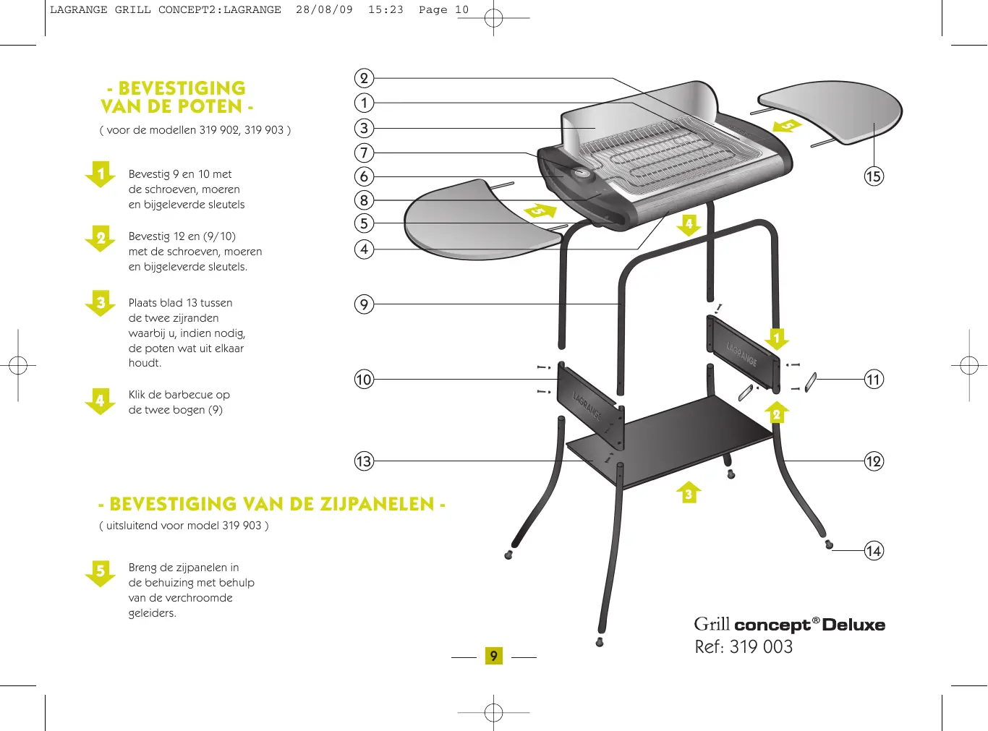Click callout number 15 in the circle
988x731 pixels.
pos(874,176)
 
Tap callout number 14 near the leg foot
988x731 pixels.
pos(874,551)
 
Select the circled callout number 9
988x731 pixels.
pos(364,304)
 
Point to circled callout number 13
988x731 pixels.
pos(364,461)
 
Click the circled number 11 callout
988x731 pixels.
pos(874,380)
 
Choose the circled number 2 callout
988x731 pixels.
pos(364,78)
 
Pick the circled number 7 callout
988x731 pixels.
pos(364,153)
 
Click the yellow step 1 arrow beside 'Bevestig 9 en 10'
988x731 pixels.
pos(101,174)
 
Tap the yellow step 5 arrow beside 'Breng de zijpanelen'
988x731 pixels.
pos(101,572)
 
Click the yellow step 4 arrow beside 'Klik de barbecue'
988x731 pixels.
pos(101,401)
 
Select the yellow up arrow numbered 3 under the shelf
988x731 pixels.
pos(689,492)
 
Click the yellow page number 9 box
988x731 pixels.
pos(494,656)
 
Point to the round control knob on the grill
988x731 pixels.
pos(582,174)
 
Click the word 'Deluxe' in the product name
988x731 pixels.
pos(853,625)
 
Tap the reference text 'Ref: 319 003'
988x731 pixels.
pos(744,647)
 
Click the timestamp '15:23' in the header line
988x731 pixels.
pos(386,10)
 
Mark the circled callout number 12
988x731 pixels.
pos(874,461)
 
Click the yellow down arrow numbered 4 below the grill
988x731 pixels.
pos(689,225)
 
